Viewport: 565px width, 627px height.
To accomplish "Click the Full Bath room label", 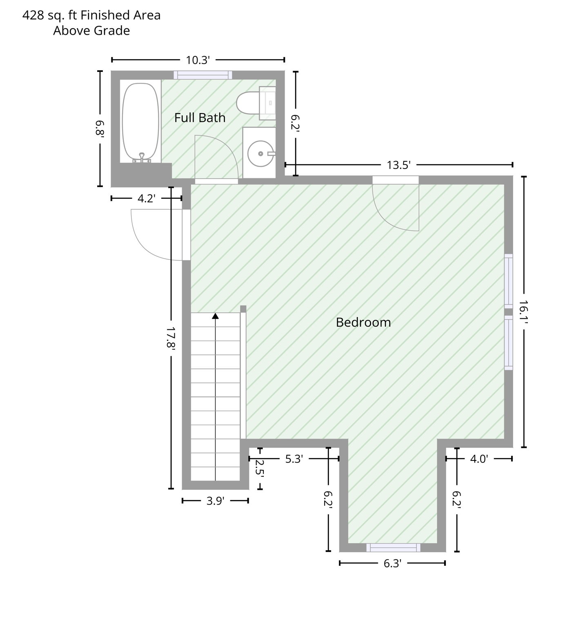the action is pyautogui.click(x=200, y=118).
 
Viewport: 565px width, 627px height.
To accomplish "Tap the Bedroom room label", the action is pyautogui.click(x=363, y=322).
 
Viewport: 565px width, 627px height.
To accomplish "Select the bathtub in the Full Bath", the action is pyautogui.click(x=141, y=123).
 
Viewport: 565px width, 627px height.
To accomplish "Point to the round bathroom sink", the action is pyautogui.click(x=260, y=153).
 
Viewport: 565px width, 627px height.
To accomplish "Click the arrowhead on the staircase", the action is pyautogui.click(x=215, y=316).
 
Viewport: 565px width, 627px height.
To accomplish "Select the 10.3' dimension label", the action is pyautogui.click(x=198, y=60).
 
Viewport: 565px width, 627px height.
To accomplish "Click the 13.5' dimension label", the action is pyautogui.click(x=398, y=165).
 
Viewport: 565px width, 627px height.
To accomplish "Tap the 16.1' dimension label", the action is pyautogui.click(x=524, y=312).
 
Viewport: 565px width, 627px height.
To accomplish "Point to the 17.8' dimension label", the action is pyautogui.click(x=171, y=338).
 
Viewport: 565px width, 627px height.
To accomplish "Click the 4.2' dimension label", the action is pyautogui.click(x=147, y=198).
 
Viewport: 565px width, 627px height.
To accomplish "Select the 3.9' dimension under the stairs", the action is pyautogui.click(x=215, y=501).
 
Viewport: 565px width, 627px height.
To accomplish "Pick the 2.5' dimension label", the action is pyautogui.click(x=260, y=468).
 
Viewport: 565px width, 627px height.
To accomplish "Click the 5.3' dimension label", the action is pyautogui.click(x=294, y=459).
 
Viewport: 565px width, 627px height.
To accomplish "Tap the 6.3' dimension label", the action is pyautogui.click(x=393, y=563).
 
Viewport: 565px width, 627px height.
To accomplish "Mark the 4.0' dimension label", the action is pyautogui.click(x=479, y=459).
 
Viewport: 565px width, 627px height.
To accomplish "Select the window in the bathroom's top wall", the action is pyautogui.click(x=203, y=75).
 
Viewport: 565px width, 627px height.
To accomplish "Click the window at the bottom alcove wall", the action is pyautogui.click(x=393, y=547).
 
